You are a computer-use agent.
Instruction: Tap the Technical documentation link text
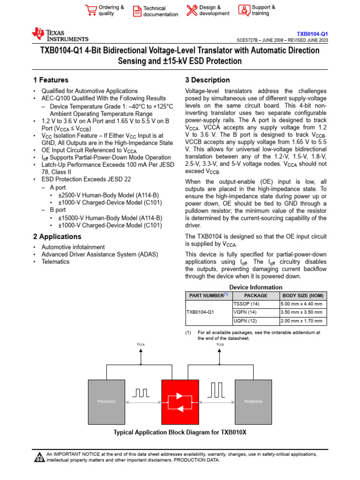(x=160, y=11)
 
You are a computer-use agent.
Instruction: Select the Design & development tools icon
(x=192, y=10)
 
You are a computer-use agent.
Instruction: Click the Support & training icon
(x=244, y=10)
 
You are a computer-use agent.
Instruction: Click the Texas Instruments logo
(x=60, y=35)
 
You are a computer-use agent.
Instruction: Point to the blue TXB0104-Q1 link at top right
(x=312, y=34)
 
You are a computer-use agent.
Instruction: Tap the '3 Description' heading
(x=208, y=80)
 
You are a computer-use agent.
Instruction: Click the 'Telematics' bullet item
(x=55, y=262)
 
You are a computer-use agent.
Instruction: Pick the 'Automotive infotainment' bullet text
(x=73, y=247)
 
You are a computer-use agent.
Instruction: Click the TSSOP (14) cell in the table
(x=247, y=304)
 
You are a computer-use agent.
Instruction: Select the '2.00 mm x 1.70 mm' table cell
(x=301, y=321)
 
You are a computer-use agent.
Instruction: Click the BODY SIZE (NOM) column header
(x=302, y=295)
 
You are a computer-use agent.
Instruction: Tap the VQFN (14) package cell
(x=246, y=312)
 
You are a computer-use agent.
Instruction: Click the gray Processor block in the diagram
(x=106, y=401)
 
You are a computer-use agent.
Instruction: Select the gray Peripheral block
(x=253, y=401)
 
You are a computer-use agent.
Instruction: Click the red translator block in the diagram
(x=180, y=401)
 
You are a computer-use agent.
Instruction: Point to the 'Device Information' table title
(x=255, y=287)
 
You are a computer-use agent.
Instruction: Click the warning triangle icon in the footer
(x=39, y=457)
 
